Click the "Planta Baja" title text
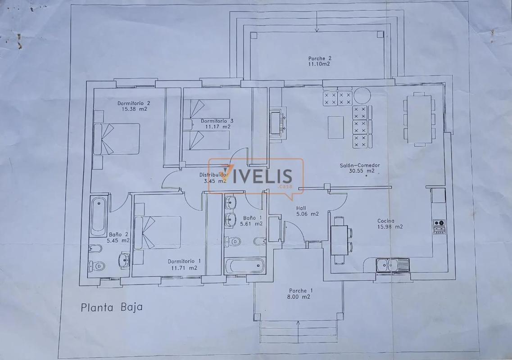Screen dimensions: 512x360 tap(112, 307)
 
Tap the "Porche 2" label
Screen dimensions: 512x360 tap(320, 58)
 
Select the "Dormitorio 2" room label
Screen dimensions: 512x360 tap(134, 103)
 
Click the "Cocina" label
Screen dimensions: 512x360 tap(385, 221)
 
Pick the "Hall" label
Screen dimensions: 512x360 tap(301, 208)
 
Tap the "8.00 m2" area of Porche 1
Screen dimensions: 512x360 tap(299, 297)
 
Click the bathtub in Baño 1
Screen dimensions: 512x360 tap(245, 265)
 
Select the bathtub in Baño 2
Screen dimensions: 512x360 tap(99, 216)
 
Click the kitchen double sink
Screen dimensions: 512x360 tap(393, 265)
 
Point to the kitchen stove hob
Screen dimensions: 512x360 tap(440, 227)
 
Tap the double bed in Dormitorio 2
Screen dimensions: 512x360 tap(117, 139)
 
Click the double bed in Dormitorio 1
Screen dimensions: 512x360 tap(158, 232)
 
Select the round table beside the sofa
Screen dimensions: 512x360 tap(362, 96)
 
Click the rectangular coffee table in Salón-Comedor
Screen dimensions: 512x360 tap(335, 127)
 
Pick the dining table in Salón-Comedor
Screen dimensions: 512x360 tap(419, 119)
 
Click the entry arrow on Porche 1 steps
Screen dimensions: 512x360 tap(299, 332)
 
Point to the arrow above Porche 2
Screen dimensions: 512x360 tap(317, 22)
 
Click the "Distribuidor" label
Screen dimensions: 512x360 tap(214, 175)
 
